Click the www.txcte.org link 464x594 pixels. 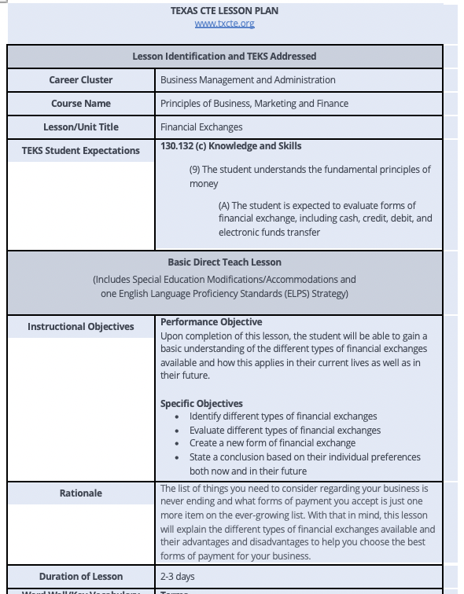(224, 24)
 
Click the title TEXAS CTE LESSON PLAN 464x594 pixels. (224, 11)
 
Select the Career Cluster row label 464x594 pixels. (81, 79)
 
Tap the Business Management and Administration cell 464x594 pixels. (248, 79)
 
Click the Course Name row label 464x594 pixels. (81, 103)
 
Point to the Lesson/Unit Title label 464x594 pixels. (81, 126)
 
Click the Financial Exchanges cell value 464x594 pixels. (201, 126)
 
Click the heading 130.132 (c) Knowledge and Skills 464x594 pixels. (230, 146)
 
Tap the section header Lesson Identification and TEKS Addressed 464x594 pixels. (224, 56)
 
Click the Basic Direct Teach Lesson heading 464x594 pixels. (224, 262)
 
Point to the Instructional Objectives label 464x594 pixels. (81, 327)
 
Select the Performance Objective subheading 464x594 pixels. (211, 322)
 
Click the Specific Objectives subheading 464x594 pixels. (201, 403)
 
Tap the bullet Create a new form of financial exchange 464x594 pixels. (272, 443)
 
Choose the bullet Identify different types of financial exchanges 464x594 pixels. (283, 416)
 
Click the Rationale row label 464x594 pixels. (81, 493)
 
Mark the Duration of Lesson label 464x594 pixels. (81, 576)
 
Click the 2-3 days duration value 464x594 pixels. (179, 576)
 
